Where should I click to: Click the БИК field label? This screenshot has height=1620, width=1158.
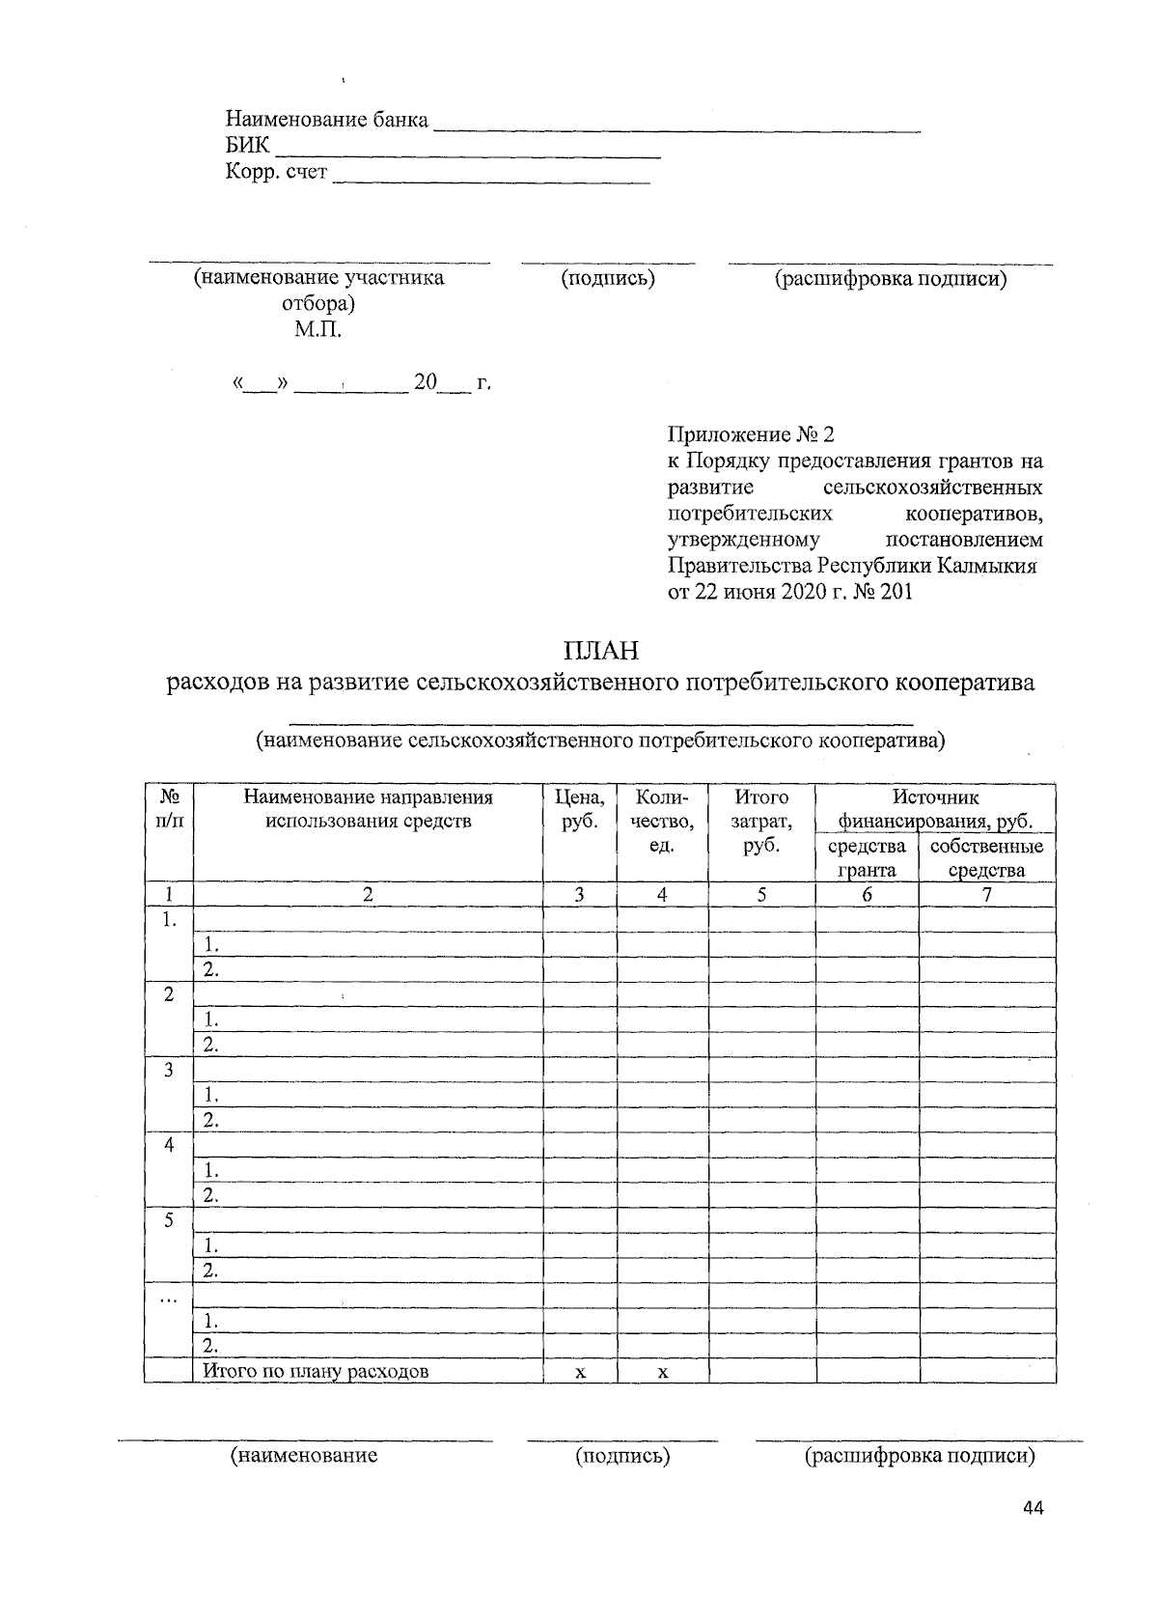coord(247,147)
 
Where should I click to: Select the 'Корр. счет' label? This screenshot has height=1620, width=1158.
coord(276,173)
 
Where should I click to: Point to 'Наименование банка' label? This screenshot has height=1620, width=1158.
coord(327,120)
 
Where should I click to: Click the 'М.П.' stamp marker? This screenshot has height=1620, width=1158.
coord(318,330)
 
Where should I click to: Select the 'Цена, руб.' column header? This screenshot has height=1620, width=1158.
coord(580,809)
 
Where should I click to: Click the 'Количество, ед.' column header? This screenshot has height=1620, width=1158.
coord(662,822)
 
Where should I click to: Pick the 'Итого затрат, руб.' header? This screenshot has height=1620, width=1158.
coord(761,822)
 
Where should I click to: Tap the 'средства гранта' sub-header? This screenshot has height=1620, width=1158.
coord(867,857)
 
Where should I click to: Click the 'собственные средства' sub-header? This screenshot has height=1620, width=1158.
coord(986,857)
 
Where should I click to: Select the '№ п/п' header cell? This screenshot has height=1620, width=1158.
coord(169,809)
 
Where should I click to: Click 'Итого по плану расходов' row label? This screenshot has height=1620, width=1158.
coord(315,1371)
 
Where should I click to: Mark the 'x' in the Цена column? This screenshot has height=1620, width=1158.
coord(580,1372)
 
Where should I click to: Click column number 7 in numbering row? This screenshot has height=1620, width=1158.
coord(986,895)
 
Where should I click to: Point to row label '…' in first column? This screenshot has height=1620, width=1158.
coord(169,1297)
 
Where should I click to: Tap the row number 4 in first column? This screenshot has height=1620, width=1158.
coord(169,1145)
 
